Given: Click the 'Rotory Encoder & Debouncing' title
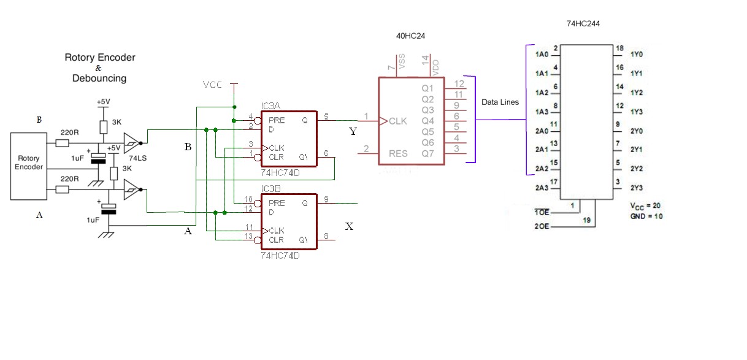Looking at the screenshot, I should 100,67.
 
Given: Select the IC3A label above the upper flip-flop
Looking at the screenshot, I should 270,106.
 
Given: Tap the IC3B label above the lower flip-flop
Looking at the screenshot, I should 270,189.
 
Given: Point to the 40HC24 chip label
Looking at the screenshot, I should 410,36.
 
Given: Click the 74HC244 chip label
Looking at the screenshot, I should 583,23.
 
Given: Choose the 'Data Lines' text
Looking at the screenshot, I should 500,102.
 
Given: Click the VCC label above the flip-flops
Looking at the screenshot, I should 213,85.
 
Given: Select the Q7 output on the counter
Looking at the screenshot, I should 427,153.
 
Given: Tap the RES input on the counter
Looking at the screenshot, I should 397,153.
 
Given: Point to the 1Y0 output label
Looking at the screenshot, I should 636,55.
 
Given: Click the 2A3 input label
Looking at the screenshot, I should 541,188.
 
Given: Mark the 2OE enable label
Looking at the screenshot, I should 542,226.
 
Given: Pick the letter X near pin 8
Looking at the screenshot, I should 350,226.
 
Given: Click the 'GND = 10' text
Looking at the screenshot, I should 646,216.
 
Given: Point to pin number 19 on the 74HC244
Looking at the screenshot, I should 587,220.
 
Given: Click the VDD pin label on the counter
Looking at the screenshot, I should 435,67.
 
